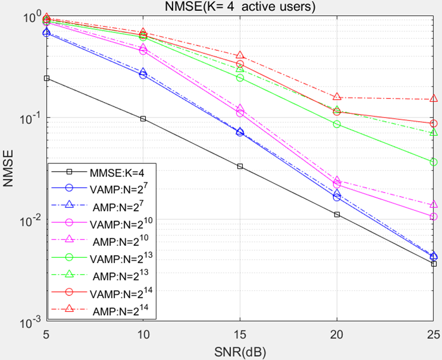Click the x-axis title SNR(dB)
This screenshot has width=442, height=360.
240,351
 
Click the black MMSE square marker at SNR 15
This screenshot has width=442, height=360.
240,166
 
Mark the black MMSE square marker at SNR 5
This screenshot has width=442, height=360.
46,79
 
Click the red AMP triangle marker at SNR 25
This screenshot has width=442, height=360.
433,99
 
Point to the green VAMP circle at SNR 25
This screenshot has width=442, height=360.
433,162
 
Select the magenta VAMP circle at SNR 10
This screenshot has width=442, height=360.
143,51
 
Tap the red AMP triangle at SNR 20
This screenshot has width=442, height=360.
337,97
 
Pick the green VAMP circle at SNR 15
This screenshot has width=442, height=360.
240,78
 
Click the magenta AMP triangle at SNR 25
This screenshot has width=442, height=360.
433,205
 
